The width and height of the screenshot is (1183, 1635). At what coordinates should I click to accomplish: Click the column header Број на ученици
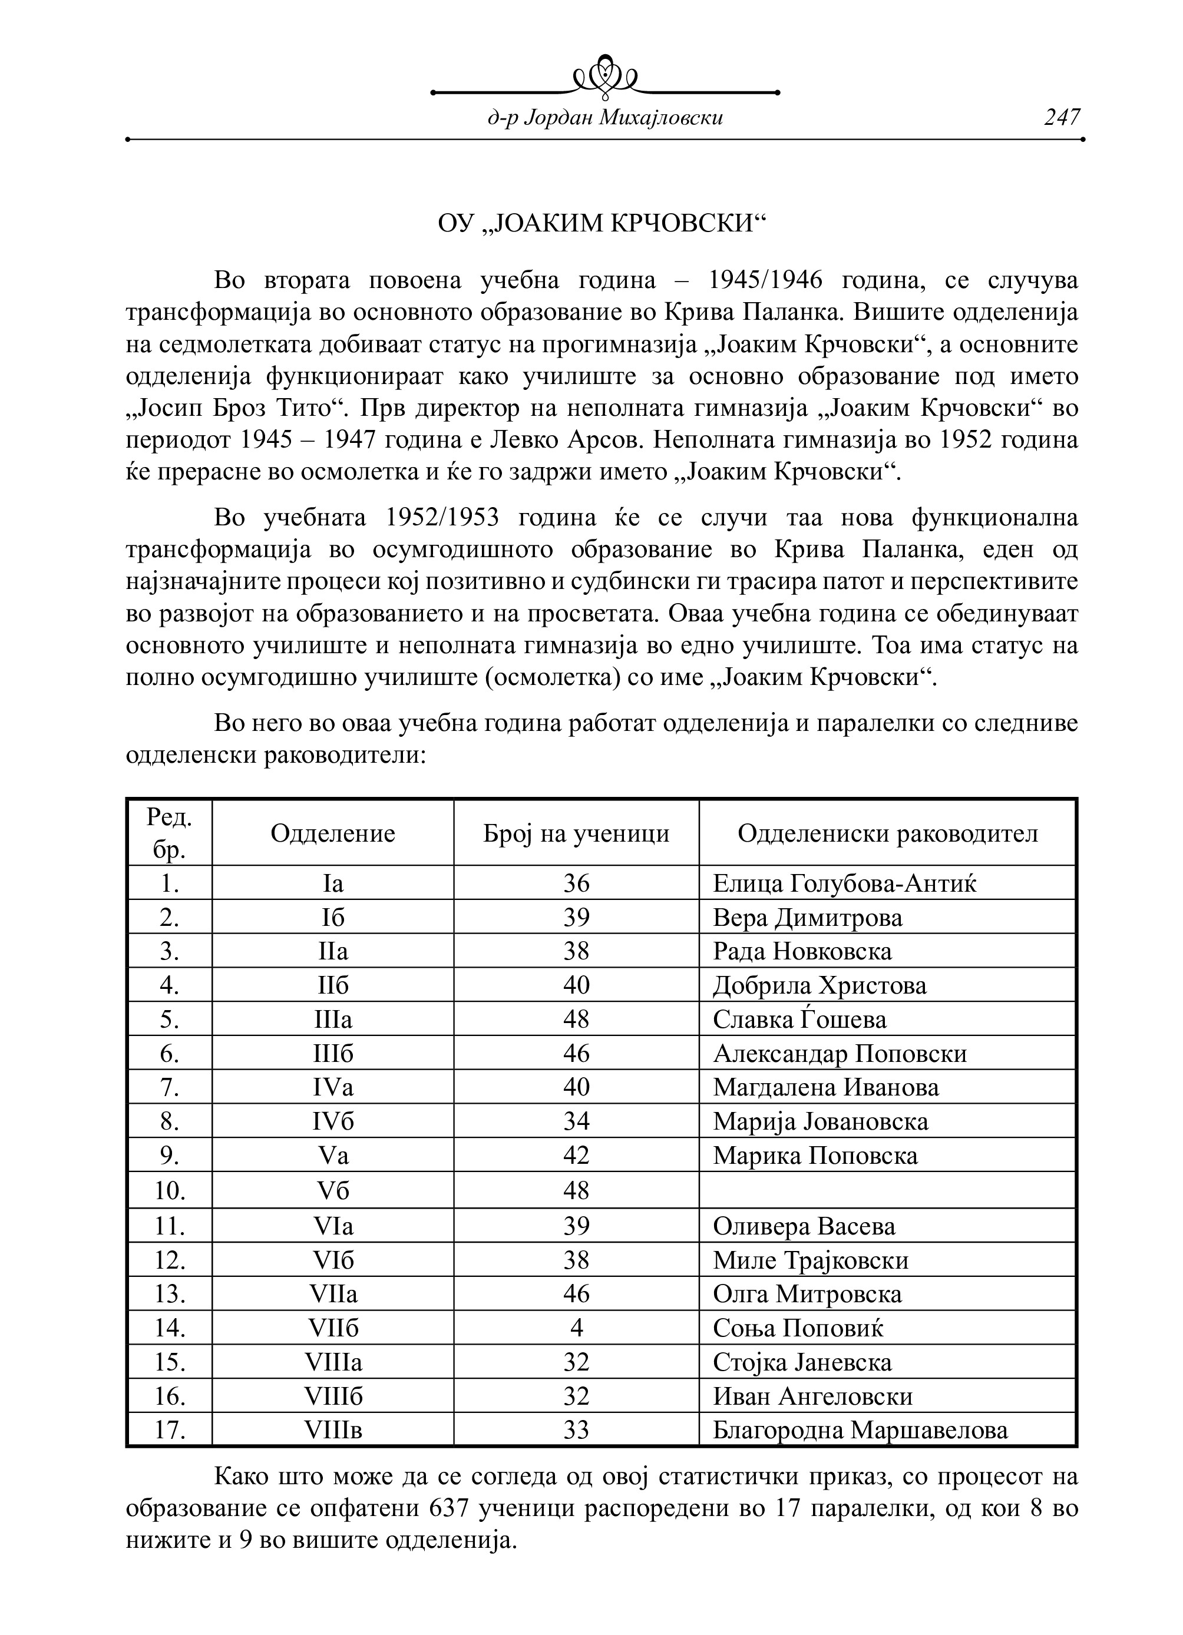pos(576,833)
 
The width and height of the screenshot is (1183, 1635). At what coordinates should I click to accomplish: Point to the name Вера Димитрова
pos(807,918)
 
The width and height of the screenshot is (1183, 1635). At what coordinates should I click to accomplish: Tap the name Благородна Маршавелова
pos(860,1429)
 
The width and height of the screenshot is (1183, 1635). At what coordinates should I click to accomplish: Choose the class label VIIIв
pos(333,1429)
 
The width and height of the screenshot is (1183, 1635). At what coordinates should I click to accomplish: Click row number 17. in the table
pos(170,1429)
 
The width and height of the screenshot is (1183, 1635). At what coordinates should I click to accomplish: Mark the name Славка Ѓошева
pos(799,1020)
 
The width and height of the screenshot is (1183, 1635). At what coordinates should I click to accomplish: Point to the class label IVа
pos(333,1087)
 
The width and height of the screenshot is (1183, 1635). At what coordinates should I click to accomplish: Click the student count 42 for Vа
pos(576,1156)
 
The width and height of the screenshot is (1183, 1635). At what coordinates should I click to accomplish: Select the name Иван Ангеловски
pos(812,1396)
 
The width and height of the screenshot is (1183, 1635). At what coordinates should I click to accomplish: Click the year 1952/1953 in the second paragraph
pos(442,518)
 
